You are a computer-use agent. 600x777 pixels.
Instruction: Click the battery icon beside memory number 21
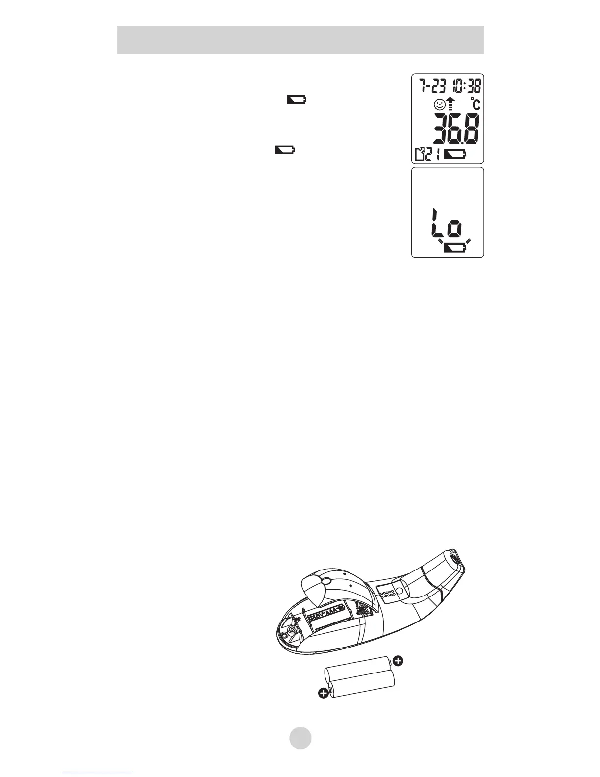coord(455,155)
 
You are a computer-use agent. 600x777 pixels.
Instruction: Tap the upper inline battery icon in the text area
coord(296,100)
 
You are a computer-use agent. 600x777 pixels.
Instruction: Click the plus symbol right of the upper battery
coord(399,661)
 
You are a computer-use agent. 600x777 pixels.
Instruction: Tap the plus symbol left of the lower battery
coord(323,693)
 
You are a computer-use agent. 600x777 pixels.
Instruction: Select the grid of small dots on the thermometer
coord(387,594)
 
